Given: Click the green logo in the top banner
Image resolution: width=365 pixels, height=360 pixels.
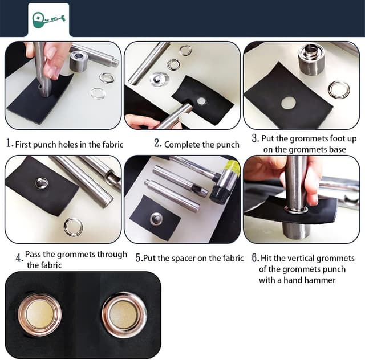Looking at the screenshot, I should [48, 19].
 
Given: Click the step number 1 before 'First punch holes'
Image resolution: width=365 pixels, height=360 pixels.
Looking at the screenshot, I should [9, 144].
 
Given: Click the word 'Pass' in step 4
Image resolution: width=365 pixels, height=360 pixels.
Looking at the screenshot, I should [35, 254].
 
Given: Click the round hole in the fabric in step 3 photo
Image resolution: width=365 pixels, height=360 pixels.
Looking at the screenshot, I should [289, 103].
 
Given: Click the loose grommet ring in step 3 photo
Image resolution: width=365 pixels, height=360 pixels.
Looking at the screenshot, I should [339, 90].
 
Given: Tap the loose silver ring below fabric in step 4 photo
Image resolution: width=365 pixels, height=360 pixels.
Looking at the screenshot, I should [73, 227].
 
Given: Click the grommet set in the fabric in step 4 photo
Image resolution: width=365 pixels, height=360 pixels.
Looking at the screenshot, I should [42, 182].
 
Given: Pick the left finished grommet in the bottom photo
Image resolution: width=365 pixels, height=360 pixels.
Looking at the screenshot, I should [40, 315].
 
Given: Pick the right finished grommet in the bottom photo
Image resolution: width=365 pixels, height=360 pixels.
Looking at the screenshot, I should [124, 315].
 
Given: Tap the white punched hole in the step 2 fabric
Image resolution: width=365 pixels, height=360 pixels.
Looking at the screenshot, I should [202, 100].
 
